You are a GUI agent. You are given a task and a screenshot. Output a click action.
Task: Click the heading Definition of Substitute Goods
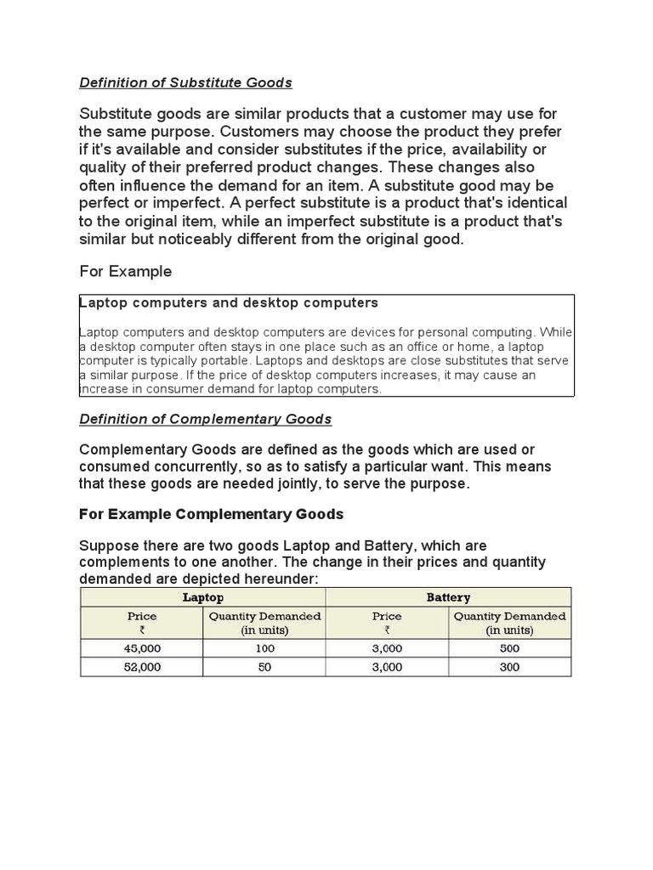click(x=185, y=82)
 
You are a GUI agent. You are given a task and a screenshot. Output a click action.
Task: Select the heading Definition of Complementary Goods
click(x=205, y=419)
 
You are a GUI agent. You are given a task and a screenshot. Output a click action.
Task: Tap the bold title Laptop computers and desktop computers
click(x=229, y=302)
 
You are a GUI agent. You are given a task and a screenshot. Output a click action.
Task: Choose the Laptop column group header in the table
click(x=203, y=597)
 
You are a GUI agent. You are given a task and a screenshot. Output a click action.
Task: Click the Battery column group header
click(x=448, y=597)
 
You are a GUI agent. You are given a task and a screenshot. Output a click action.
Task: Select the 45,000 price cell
click(x=142, y=648)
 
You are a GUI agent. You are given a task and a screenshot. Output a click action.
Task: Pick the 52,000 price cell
click(x=142, y=667)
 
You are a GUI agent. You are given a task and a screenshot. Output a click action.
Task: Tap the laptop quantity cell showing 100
click(x=264, y=648)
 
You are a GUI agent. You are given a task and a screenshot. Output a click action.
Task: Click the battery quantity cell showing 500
click(x=509, y=648)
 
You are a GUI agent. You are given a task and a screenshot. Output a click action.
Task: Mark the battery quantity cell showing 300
click(x=509, y=667)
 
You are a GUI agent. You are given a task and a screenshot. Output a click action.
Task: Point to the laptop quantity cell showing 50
click(x=264, y=667)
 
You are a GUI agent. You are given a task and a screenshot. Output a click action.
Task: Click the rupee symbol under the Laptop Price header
click(x=142, y=630)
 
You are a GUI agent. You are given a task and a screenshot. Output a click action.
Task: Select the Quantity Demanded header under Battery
click(x=509, y=616)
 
